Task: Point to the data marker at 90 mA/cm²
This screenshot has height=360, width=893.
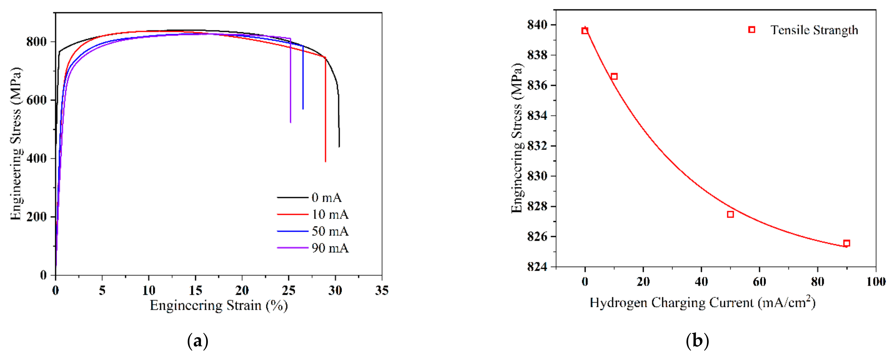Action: [846, 243]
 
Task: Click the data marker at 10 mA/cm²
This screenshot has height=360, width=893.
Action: [614, 76]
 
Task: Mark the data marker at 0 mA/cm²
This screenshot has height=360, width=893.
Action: [585, 31]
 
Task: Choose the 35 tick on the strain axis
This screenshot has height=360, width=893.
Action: [382, 290]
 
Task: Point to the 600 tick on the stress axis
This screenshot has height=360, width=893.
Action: [36, 100]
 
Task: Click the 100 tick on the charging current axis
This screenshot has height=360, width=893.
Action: [876, 282]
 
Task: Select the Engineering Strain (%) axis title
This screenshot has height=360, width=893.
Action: [219, 305]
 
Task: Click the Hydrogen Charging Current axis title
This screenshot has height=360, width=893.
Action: [702, 303]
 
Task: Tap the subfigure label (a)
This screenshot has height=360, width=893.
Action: [198, 341]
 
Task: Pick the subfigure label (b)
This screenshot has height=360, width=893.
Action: [697, 341]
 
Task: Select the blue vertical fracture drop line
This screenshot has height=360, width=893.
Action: [303, 80]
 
